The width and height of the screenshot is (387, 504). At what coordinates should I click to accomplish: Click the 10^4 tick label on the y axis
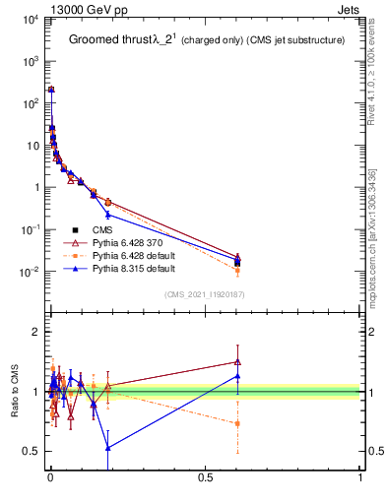[x=30, y=19]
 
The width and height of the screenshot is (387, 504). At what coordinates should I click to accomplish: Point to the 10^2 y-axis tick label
[x=30, y=102]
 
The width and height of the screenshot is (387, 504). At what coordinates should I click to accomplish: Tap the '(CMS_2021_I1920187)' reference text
[x=204, y=294]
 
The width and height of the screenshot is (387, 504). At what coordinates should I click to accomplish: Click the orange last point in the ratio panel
[x=237, y=423]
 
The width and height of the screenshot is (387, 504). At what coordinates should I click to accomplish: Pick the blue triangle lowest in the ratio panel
[x=107, y=447]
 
